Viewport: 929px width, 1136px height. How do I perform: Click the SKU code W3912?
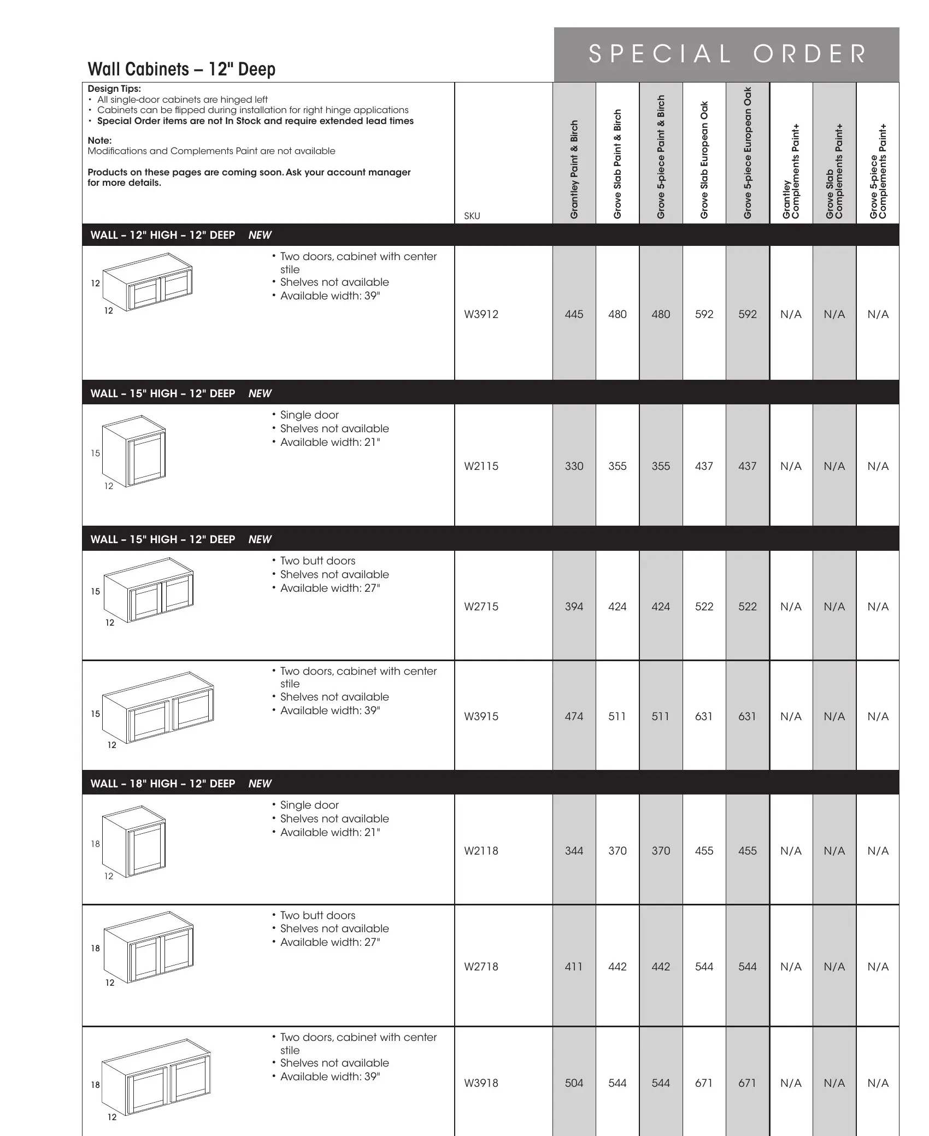tap(481, 314)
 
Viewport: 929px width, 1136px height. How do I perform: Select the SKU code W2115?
tap(481, 466)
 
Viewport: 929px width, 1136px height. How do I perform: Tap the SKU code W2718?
tap(481, 967)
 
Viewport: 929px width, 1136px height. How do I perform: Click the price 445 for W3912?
tap(574, 314)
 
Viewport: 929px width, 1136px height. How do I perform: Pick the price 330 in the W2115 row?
tap(574, 466)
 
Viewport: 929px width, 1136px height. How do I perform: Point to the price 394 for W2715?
tap(574, 607)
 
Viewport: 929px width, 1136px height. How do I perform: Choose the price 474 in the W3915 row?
tap(574, 716)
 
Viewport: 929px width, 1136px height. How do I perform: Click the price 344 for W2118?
tap(574, 851)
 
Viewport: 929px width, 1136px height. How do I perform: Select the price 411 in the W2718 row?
tap(574, 967)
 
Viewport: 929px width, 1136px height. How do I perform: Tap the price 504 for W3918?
tap(574, 1083)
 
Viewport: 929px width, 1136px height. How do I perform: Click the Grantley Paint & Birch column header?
tap(574, 169)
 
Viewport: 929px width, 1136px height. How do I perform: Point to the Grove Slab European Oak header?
tap(704, 160)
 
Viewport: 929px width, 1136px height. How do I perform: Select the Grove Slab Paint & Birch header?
tap(618, 164)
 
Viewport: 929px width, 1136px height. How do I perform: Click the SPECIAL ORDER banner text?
tap(727, 54)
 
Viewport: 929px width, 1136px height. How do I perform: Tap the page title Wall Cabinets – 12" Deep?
tap(181, 69)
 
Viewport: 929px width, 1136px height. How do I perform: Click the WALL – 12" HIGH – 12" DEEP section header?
tap(163, 235)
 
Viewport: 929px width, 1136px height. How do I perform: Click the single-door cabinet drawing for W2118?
tap(134, 842)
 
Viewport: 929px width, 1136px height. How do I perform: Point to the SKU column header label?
tap(472, 216)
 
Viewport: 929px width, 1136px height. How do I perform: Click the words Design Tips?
tap(114, 89)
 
